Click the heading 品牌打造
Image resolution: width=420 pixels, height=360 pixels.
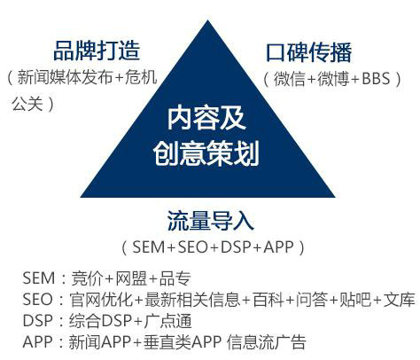click(x=97, y=51)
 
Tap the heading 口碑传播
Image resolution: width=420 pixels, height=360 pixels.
click(x=309, y=52)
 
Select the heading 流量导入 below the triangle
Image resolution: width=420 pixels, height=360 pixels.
click(x=210, y=221)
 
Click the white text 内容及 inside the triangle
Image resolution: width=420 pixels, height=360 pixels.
click(x=206, y=118)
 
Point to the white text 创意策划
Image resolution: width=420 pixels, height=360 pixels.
click(x=206, y=153)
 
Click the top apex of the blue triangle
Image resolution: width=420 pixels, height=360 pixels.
click(x=207, y=20)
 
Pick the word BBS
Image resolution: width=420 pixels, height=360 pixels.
click(x=376, y=79)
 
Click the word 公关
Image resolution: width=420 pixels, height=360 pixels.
click(x=27, y=104)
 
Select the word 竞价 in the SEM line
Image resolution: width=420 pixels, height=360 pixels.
click(x=86, y=278)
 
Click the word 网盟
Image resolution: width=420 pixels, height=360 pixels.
click(x=130, y=278)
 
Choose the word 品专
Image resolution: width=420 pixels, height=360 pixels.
click(x=175, y=278)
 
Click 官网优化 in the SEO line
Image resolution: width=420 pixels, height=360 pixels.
click(x=101, y=300)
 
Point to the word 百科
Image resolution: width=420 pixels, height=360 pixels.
click(x=268, y=300)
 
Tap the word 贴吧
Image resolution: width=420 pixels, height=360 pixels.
click(x=355, y=300)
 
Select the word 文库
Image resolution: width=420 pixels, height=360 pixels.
click(x=399, y=300)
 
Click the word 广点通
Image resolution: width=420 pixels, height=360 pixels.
click(x=167, y=321)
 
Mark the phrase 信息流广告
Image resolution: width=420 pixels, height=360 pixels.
click(x=267, y=342)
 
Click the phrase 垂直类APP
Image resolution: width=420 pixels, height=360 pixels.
click(x=183, y=342)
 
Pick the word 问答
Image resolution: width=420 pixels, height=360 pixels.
click(x=312, y=300)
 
